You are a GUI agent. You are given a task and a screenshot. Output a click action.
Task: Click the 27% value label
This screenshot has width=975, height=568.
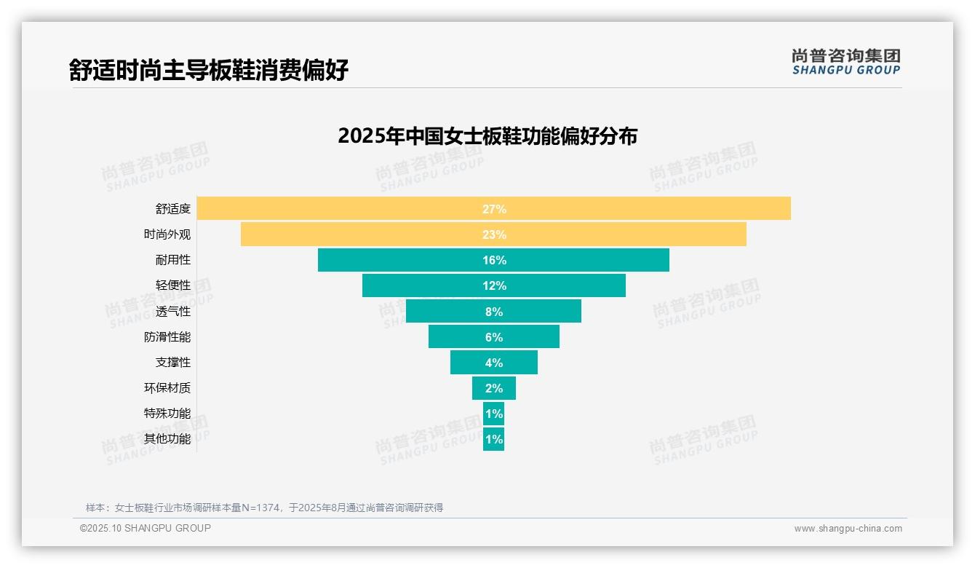click(x=494, y=209)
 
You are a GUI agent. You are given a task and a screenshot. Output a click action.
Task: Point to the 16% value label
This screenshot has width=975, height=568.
click(x=494, y=260)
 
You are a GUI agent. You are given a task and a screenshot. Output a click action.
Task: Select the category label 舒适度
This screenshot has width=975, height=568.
click(x=173, y=209)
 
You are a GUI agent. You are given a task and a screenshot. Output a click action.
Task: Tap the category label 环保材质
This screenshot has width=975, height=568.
click(x=167, y=388)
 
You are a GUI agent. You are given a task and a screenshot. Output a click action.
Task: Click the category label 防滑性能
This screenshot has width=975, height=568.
click(x=167, y=337)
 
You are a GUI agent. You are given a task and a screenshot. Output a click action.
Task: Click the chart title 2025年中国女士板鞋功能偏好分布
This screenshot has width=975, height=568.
click(x=488, y=136)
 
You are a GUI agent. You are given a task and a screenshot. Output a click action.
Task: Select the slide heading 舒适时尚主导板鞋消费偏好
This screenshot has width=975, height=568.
click(x=209, y=70)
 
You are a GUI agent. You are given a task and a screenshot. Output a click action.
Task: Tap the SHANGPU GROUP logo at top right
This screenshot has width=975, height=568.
click(x=846, y=62)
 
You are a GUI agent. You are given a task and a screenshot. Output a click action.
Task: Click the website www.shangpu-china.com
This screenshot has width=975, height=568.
click(x=848, y=529)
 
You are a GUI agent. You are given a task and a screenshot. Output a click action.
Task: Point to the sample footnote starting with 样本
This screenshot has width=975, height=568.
click(x=264, y=508)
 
